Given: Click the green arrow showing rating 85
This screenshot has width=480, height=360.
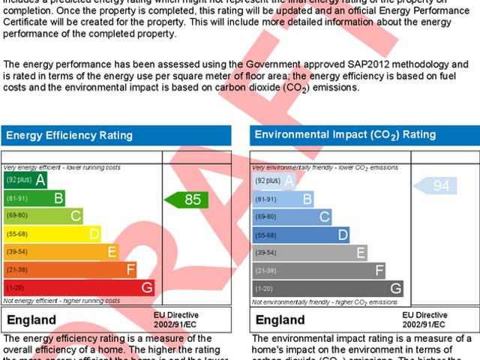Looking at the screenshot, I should (187, 199).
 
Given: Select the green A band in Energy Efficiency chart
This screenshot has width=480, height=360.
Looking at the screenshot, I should (26, 181).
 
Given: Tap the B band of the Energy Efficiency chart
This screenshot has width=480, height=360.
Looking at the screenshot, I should (34, 199).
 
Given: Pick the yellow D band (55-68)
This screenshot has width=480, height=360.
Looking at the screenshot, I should (52, 234).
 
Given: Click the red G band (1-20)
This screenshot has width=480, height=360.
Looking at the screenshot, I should (79, 287).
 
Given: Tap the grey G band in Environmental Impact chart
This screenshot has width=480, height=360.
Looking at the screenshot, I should (327, 288).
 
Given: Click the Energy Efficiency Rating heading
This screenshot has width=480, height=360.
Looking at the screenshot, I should (70, 136).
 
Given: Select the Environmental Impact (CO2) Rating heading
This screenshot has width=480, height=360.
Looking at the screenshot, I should (345, 135).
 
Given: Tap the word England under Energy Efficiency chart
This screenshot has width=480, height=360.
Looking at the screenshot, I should (31, 320).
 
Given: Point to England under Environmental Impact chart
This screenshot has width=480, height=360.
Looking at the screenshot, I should (280, 320).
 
